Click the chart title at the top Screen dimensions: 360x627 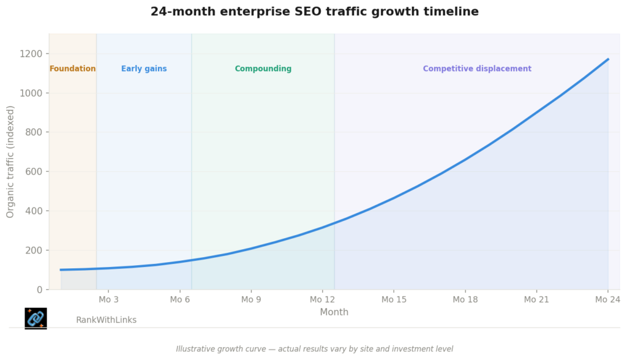314,12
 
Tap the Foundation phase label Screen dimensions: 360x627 72,69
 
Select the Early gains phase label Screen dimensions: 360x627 144,69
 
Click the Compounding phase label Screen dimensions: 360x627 263,69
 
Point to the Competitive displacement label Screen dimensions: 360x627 477,69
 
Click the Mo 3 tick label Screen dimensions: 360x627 108,299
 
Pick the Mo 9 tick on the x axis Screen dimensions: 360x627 251,299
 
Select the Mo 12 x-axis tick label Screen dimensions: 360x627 322,299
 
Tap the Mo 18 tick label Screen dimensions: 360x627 465,299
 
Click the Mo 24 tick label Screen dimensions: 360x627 607,299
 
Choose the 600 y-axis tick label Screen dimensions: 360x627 34,171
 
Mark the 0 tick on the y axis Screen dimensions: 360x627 40,290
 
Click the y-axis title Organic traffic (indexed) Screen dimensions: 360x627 10,162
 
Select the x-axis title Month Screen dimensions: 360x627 334,312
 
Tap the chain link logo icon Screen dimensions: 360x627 36,318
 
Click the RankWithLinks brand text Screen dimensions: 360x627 106,320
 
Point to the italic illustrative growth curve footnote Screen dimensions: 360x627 314,349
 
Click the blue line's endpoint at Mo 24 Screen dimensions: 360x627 608,59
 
